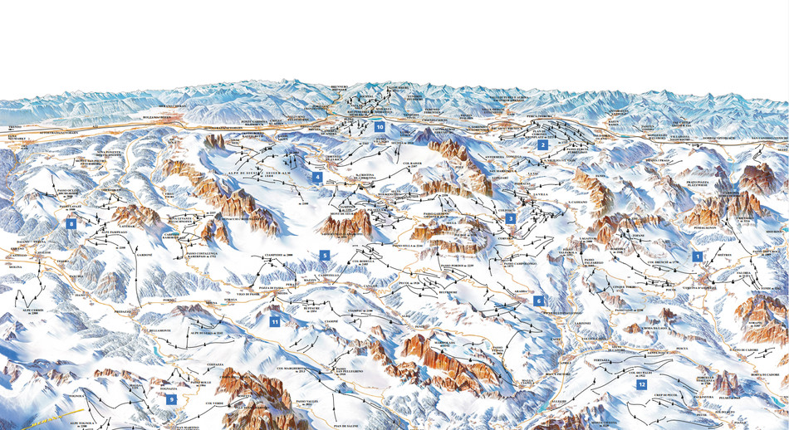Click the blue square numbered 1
click(x=698, y=257)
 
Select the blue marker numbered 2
click(x=542, y=144)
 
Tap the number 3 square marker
click(x=511, y=219)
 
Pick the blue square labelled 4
click(x=317, y=177)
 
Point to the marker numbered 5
click(x=325, y=255)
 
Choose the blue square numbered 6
click(x=538, y=301)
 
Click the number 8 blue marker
click(x=71, y=224)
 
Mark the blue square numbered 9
click(x=172, y=399)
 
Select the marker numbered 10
click(x=380, y=127)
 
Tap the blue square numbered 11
click(x=275, y=320)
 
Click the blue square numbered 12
click(x=641, y=384)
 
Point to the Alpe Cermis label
click(x=33, y=309)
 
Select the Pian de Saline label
click(x=345, y=426)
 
